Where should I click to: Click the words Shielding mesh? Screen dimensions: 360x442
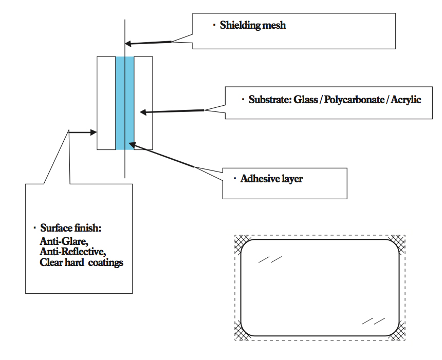252,25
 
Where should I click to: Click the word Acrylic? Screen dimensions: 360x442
406,100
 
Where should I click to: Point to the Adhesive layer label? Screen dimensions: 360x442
271,179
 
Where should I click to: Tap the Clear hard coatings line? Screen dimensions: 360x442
81,262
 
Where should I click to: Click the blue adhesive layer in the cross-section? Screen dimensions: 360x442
125,103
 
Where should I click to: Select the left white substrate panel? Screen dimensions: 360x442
106,103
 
